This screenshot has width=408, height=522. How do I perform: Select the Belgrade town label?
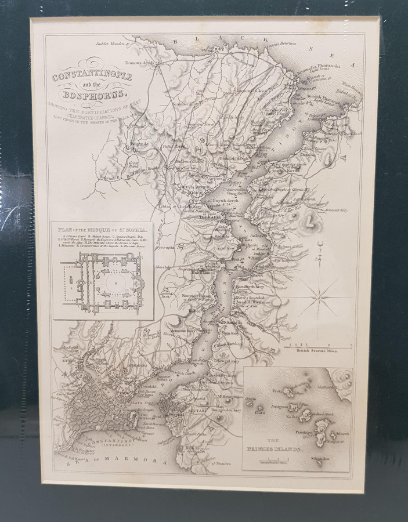(139, 143)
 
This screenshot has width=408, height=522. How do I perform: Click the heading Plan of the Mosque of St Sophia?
(103, 229)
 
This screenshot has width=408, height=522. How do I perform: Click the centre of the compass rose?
(319, 296)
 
